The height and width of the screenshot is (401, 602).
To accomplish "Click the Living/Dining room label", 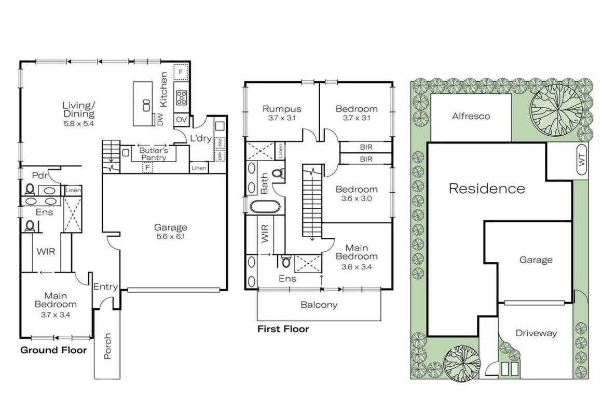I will (79, 110).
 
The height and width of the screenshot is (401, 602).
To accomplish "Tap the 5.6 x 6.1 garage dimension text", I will (170, 236).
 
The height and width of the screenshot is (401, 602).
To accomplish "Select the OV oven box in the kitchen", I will (182, 119).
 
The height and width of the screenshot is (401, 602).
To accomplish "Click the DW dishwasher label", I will (160, 120).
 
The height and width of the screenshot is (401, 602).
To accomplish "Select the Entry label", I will (105, 287).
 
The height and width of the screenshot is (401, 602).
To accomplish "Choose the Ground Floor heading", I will (53, 350).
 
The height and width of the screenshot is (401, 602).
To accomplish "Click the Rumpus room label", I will (282, 109).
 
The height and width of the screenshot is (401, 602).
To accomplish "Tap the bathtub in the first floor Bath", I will (265, 207).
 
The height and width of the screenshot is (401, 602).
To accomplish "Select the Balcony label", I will (319, 305).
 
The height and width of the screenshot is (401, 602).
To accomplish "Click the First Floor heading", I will (283, 329).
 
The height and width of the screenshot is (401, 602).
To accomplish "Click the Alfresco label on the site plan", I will (471, 116).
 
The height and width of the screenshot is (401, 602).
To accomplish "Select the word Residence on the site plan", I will (486, 189).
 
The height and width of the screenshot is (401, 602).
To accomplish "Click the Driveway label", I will (536, 333).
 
